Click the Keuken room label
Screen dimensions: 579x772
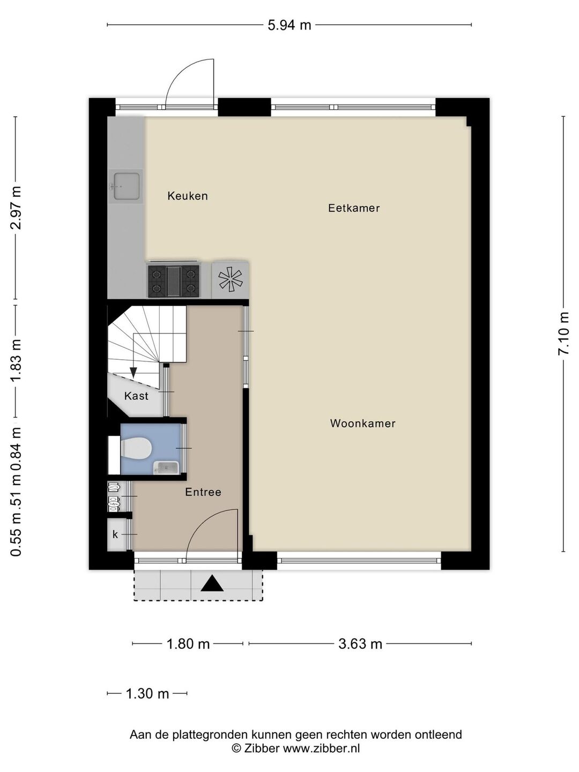[x=188, y=196]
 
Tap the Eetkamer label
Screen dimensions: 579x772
[x=354, y=208]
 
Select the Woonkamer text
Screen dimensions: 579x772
[x=363, y=424]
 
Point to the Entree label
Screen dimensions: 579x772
[x=203, y=492]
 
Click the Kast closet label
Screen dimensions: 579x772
[x=136, y=396]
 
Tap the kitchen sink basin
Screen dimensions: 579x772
[x=126, y=187]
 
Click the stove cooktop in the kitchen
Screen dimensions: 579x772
[x=174, y=281]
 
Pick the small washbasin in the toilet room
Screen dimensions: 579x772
[x=167, y=468]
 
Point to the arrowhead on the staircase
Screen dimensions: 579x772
[x=133, y=373]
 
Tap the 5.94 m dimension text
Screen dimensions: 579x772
[x=289, y=25]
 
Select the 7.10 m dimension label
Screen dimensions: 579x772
[x=563, y=334]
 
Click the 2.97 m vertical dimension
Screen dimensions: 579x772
[x=16, y=208]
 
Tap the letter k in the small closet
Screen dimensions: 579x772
[x=115, y=535]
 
